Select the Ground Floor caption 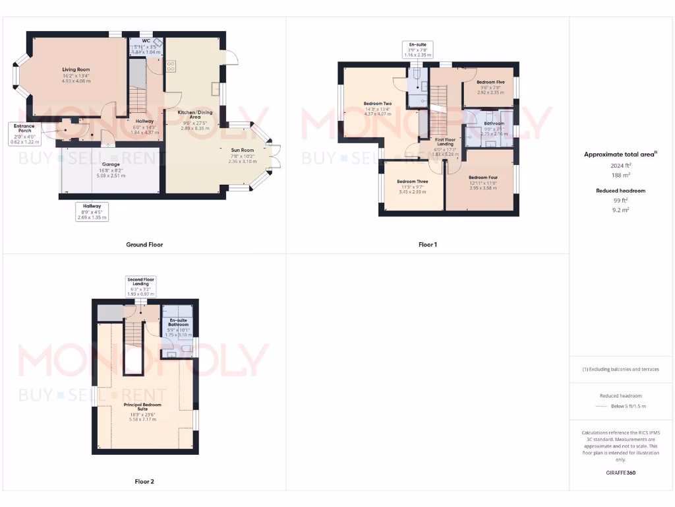coord(144,245)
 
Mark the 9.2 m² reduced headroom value coord(620,209)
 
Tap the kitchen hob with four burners coord(170,66)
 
